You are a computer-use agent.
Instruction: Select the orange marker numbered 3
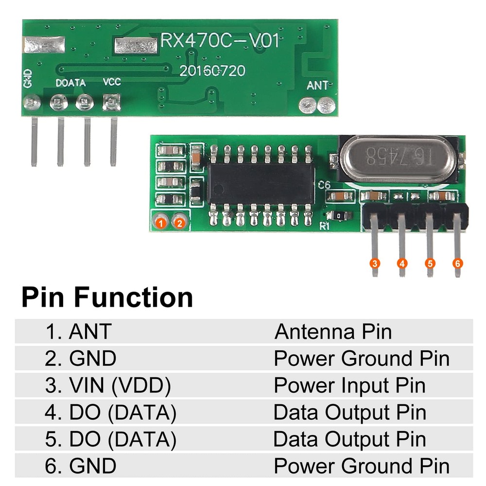coord(374,263)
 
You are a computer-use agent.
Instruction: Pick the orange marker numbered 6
coord(457,263)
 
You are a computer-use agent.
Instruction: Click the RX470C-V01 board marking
coord(220,41)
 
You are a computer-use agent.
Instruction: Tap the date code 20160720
coord(212,71)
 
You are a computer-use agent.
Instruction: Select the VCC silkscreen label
coord(111,83)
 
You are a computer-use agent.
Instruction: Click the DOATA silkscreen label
coord(70,83)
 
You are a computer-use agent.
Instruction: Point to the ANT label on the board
coord(317,86)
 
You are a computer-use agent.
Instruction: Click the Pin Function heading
coord(107,297)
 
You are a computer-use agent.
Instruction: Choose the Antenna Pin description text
coord(333,332)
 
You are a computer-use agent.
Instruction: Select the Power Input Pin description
coord(349,385)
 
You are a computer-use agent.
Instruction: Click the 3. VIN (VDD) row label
coord(108,385)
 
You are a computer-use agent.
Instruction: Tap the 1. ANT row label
coord(78,332)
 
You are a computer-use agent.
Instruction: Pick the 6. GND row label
coord(81,466)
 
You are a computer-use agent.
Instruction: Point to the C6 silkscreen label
coord(325,185)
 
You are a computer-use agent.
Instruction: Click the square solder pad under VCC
coord(112,103)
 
